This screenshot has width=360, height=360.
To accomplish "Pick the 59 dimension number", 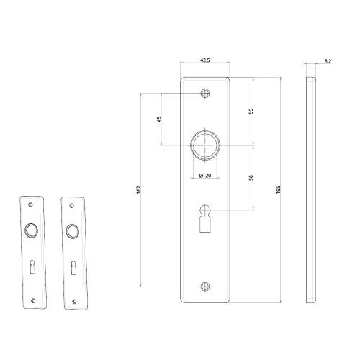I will pyautogui.click(x=251, y=112).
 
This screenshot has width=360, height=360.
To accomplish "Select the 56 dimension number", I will pyautogui.click(x=251, y=178).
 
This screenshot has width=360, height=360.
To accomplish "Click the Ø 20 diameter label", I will pyautogui.click(x=205, y=175).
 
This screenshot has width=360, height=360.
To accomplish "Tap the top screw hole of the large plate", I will pyautogui.click(x=205, y=94).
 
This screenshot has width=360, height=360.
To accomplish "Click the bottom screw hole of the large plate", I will pyautogui.click(x=205, y=286).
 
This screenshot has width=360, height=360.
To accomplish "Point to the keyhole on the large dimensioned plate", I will pyautogui.click(x=205, y=216).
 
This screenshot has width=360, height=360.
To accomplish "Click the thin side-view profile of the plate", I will pyautogui.click(x=311, y=189).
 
